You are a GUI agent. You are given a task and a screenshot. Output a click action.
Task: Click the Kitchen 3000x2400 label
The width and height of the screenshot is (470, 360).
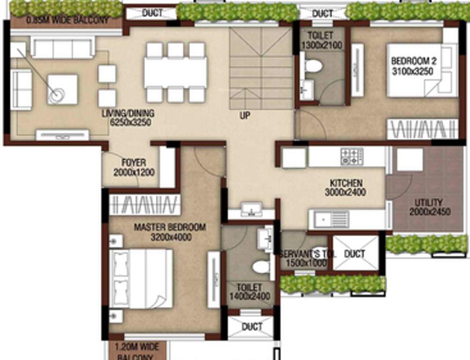[x=346, y=187]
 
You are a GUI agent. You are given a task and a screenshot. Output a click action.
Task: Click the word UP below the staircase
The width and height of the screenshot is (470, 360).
[x=245, y=114]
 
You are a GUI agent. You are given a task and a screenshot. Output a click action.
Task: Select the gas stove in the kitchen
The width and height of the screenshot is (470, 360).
[x=351, y=156]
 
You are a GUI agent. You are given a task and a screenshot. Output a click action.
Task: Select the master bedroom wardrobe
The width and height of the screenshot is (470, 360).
[x=144, y=205]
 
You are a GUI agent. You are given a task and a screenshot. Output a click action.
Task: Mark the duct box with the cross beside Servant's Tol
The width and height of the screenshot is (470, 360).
[x=355, y=254]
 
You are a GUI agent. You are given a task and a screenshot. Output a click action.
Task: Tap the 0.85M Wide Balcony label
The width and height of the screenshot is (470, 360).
[x=67, y=20]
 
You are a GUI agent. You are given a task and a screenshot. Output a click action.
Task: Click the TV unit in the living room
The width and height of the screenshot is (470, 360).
[x=62, y=135]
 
